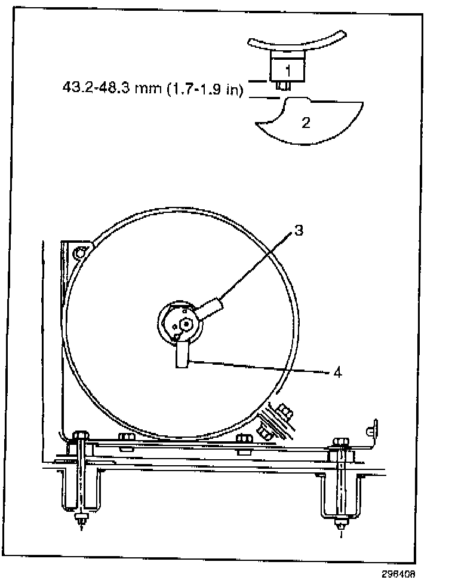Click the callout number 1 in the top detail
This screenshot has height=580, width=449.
(x=288, y=70)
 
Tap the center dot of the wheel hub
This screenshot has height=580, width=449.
(x=187, y=323)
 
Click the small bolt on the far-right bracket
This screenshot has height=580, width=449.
(x=371, y=430)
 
